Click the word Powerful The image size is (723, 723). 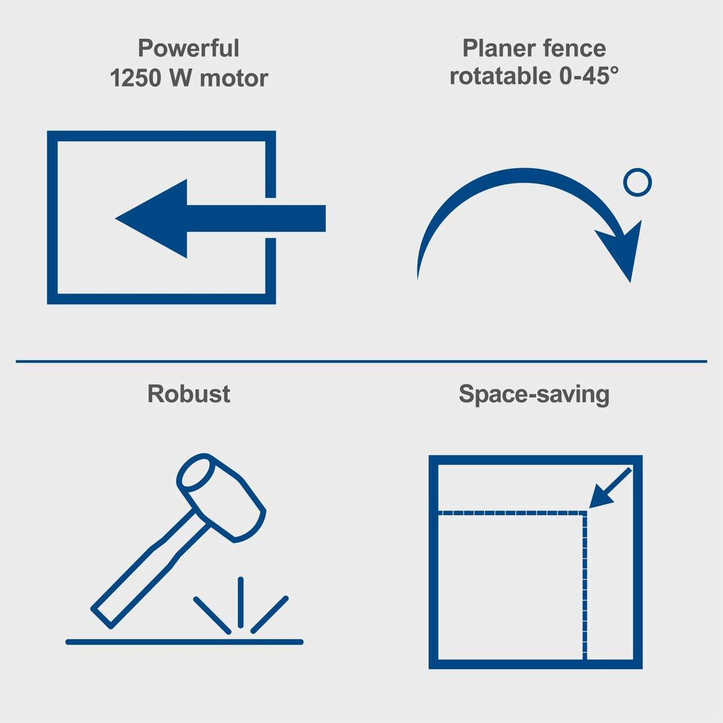tap(188, 48)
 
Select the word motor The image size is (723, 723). tap(234, 78)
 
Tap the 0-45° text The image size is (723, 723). tap(588, 77)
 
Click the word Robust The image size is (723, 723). tap(189, 394)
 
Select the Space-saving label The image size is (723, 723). tap(534, 394)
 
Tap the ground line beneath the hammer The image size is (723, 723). tap(184, 642)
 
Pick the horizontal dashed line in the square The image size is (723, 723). tap(512, 513)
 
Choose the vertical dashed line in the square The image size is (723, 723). tap(584, 584)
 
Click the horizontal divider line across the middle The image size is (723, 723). tap(361, 361)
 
